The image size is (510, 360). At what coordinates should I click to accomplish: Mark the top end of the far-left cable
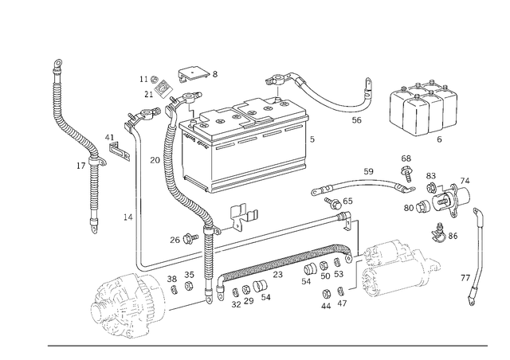[58, 64]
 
